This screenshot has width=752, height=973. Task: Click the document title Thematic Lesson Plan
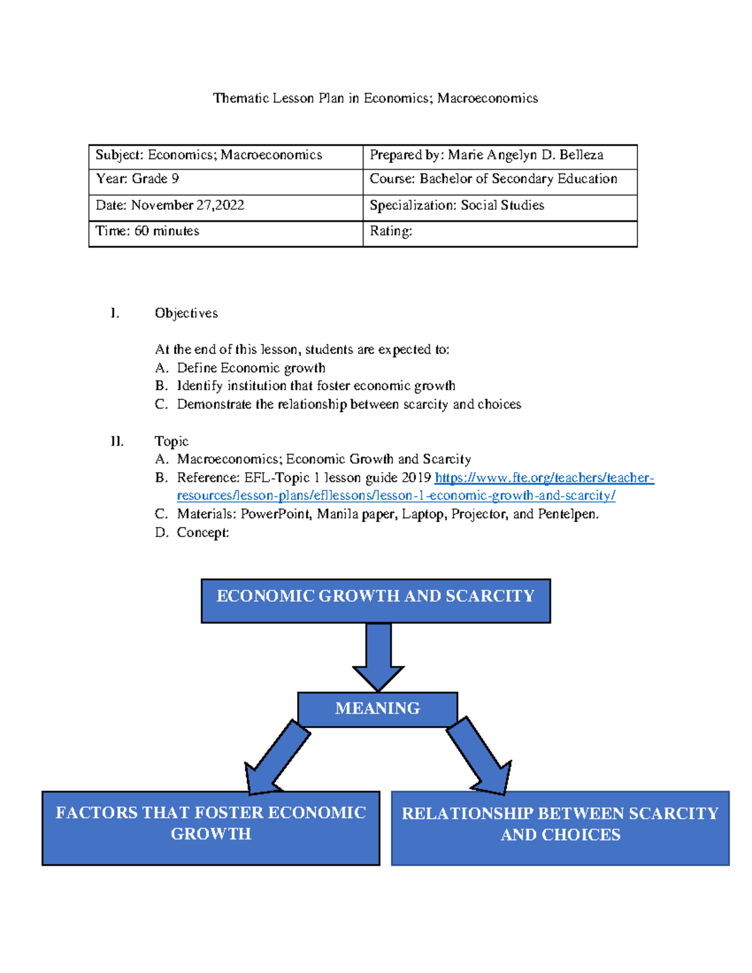[375, 98]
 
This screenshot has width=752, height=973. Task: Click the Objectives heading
[186, 313]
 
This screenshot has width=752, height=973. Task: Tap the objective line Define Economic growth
[251, 368]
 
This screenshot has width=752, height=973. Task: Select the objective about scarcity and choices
[348, 405]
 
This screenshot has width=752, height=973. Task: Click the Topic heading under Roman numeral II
[171, 441]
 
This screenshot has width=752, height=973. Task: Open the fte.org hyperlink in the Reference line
[544, 478]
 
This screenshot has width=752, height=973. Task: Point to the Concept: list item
[202, 533]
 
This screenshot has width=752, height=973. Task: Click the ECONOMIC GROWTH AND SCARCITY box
[375, 600]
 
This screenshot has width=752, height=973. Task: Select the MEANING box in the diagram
[377, 709]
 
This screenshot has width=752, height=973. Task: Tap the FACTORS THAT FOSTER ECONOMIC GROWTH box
[211, 828]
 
